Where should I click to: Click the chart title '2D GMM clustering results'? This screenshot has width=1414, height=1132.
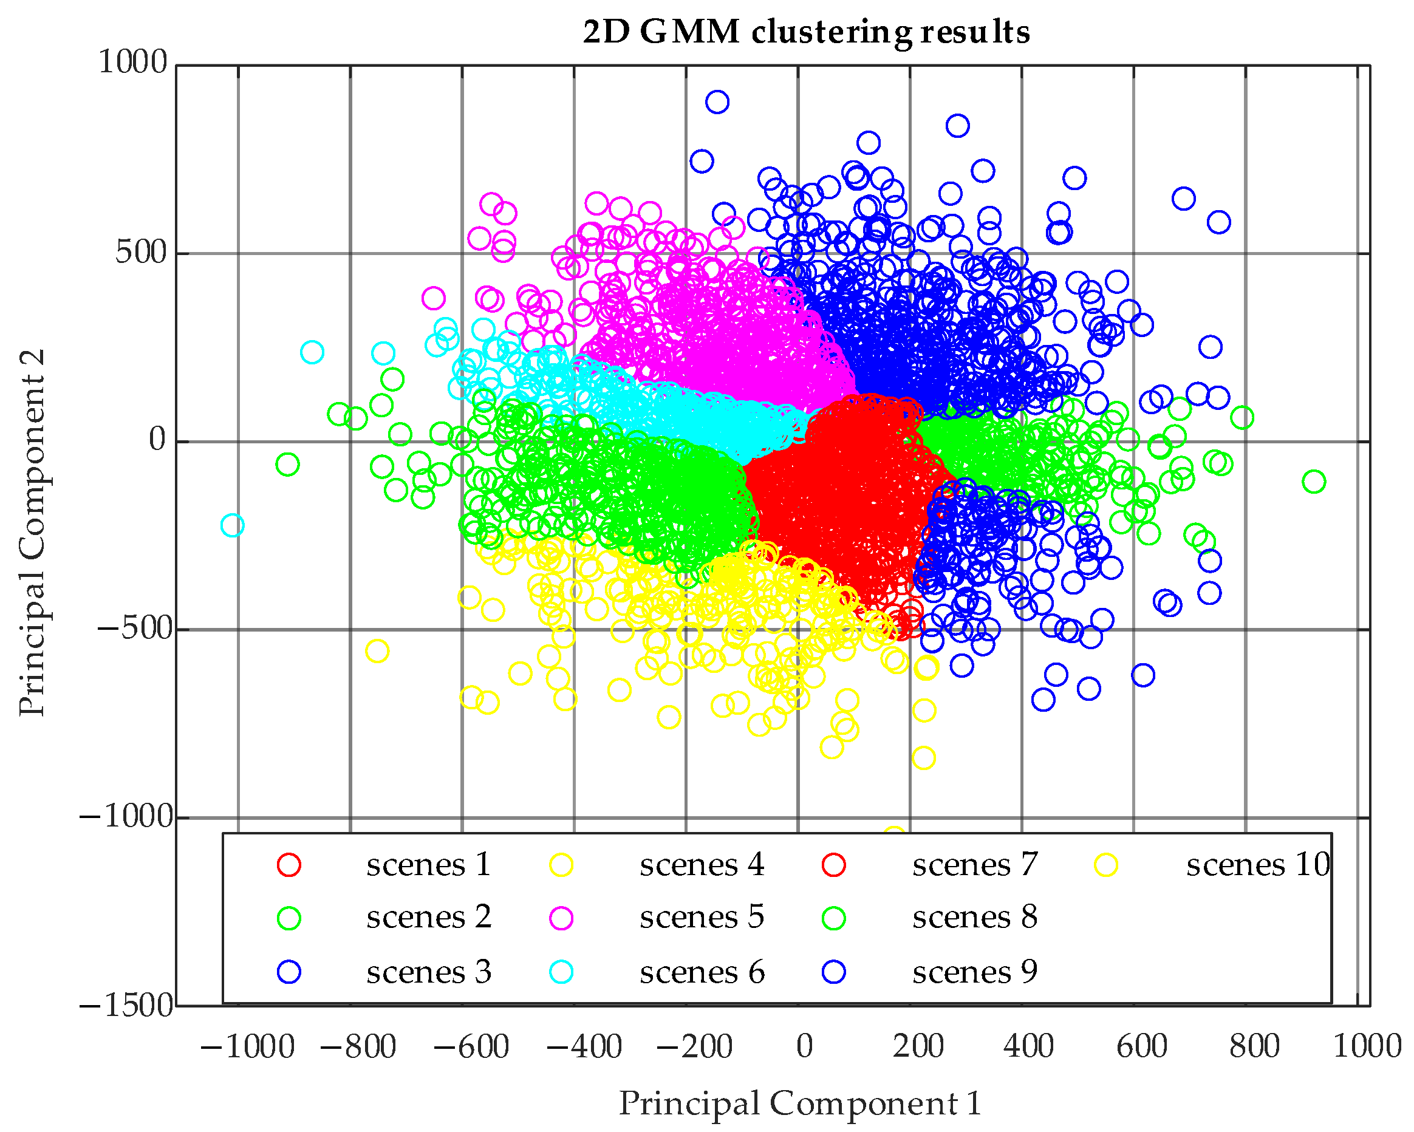click(x=806, y=32)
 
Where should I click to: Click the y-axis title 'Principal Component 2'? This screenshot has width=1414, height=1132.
click(x=32, y=533)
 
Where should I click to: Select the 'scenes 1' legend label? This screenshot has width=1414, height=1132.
click(x=428, y=864)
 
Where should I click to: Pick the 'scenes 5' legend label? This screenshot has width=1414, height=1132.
click(x=702, y=916)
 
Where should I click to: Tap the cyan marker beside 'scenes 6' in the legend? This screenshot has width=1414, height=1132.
click(x=561, y=971)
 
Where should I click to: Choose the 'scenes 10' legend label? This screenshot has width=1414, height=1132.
click(x=1257, y=864)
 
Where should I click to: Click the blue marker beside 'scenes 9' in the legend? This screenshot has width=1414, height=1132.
click(x=833, y=971)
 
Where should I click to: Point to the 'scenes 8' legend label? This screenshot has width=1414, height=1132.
click(x=975, y=916)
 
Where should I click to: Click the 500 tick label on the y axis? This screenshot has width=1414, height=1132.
click(x=141, y=253)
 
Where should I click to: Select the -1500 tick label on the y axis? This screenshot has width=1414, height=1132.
click(x=126, y=1006)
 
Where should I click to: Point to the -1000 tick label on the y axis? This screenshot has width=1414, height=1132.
click(x=126, y=817)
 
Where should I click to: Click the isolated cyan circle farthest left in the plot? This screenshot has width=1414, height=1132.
click(x=232, y=525)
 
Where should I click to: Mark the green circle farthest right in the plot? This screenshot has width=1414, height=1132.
click(x=1314, y=482)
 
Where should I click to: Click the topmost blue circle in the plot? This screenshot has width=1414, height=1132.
click(x=717, y=101)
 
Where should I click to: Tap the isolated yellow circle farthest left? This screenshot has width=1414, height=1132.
click(x=377, y=651)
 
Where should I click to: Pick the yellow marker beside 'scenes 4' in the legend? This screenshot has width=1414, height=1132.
click(x=561, y=865)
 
